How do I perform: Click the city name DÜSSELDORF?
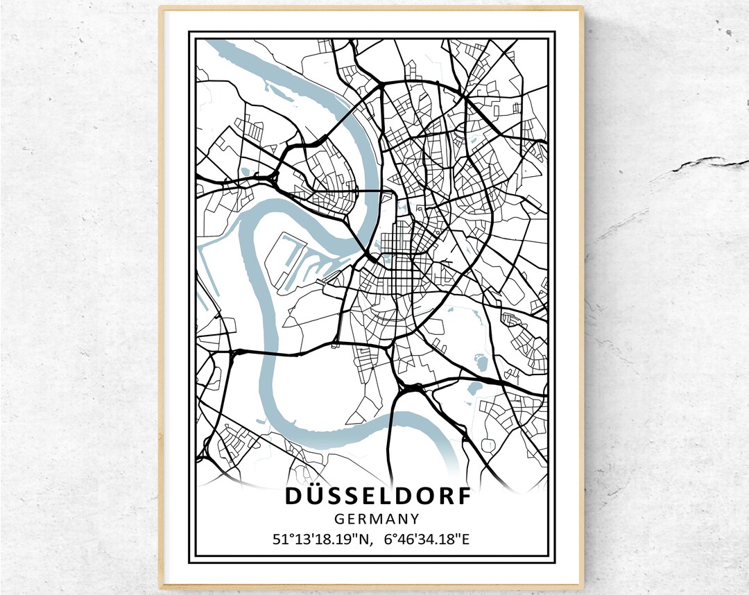pos(377,497)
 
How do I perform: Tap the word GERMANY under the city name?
pos(377,518)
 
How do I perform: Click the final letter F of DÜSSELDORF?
pos(463,497)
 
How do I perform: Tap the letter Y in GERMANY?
pos(414,518)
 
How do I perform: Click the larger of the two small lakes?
pos(479,362)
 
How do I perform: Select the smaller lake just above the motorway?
pos(474,388)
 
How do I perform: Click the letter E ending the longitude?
pos(465,538)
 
